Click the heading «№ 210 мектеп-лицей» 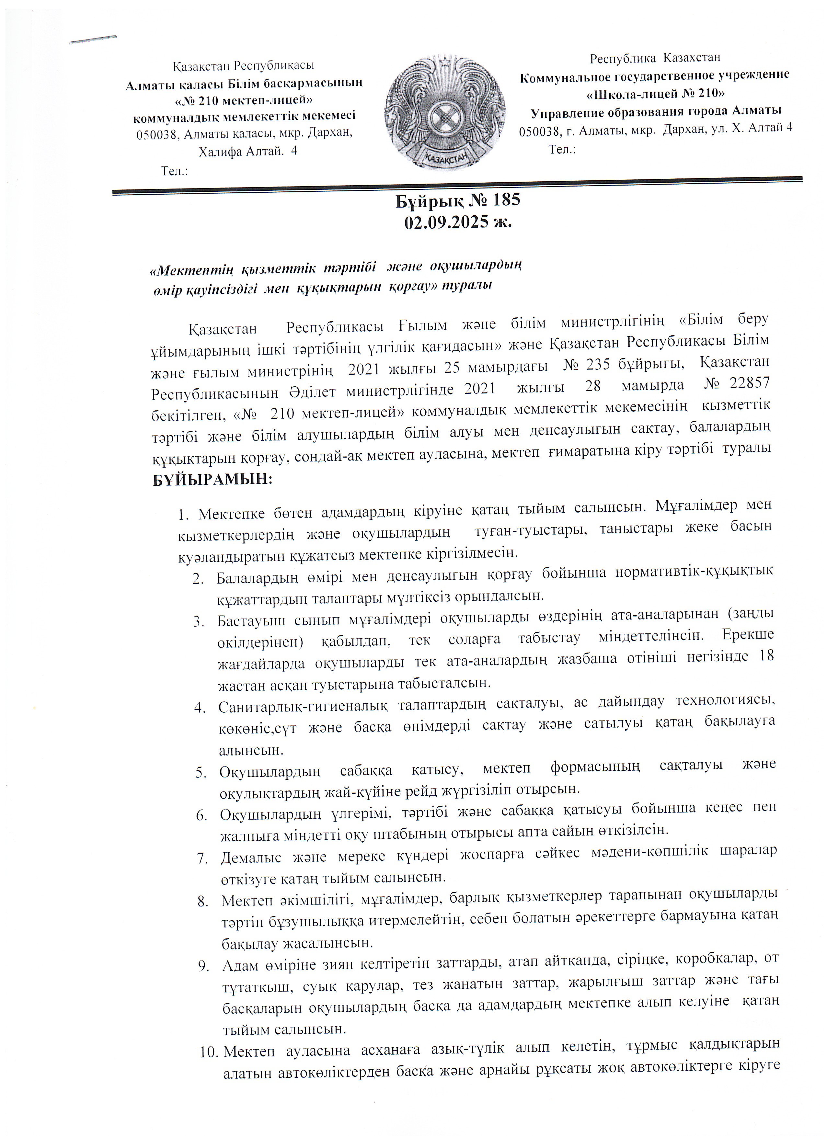[x=245, y=99]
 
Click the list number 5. [x=201, y=773]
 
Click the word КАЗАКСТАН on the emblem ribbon [x=445, y=158]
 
